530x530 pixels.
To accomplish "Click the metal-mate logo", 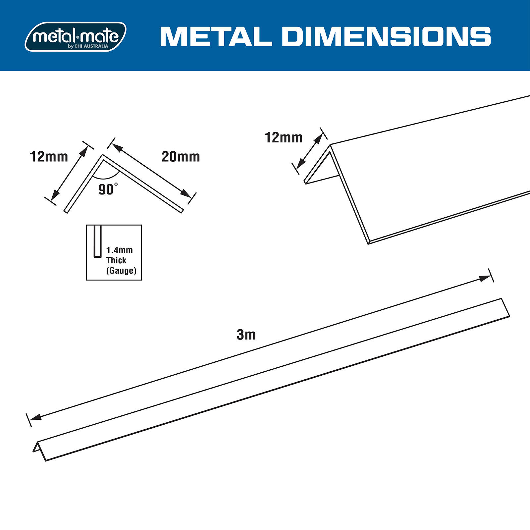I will [76, 36].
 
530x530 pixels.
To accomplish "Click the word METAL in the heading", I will [216, 36].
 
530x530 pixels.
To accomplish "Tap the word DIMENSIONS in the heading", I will [386, 36].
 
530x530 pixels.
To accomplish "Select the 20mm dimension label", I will [181, 157].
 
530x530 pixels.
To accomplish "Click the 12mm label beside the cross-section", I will [49, 157].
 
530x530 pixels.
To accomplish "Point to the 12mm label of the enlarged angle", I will [284, 137].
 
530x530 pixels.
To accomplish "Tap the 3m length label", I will [246, 335].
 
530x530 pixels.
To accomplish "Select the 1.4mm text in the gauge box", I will [119, 250].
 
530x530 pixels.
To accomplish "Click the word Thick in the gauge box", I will [116, 260].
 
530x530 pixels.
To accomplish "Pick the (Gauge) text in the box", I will [121, 271].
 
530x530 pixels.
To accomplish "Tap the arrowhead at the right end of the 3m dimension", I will [486, 279].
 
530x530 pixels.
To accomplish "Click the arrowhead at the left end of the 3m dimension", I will [35, 417].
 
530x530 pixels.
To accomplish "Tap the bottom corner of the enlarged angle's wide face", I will [369, 243].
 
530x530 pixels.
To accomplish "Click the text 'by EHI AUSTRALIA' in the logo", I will [88, 46].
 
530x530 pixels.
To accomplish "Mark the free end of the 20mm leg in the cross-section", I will [182, 211].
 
